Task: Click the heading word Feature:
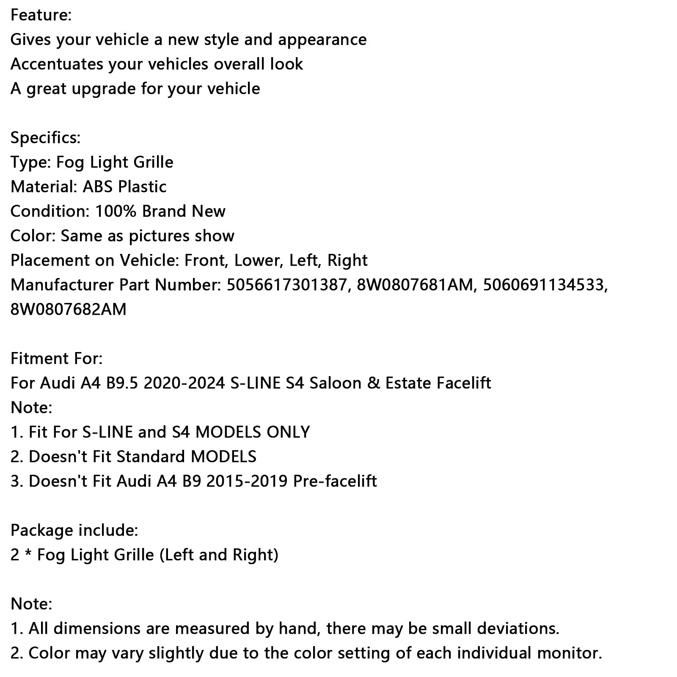pos(41,15)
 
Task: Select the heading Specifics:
pos(45,138)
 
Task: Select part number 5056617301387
pos(287,285)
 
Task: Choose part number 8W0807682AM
pos(69,310)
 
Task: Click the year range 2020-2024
pos(184,383)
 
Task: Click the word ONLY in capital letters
pos(288,432)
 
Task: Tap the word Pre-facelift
pos(335,482)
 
